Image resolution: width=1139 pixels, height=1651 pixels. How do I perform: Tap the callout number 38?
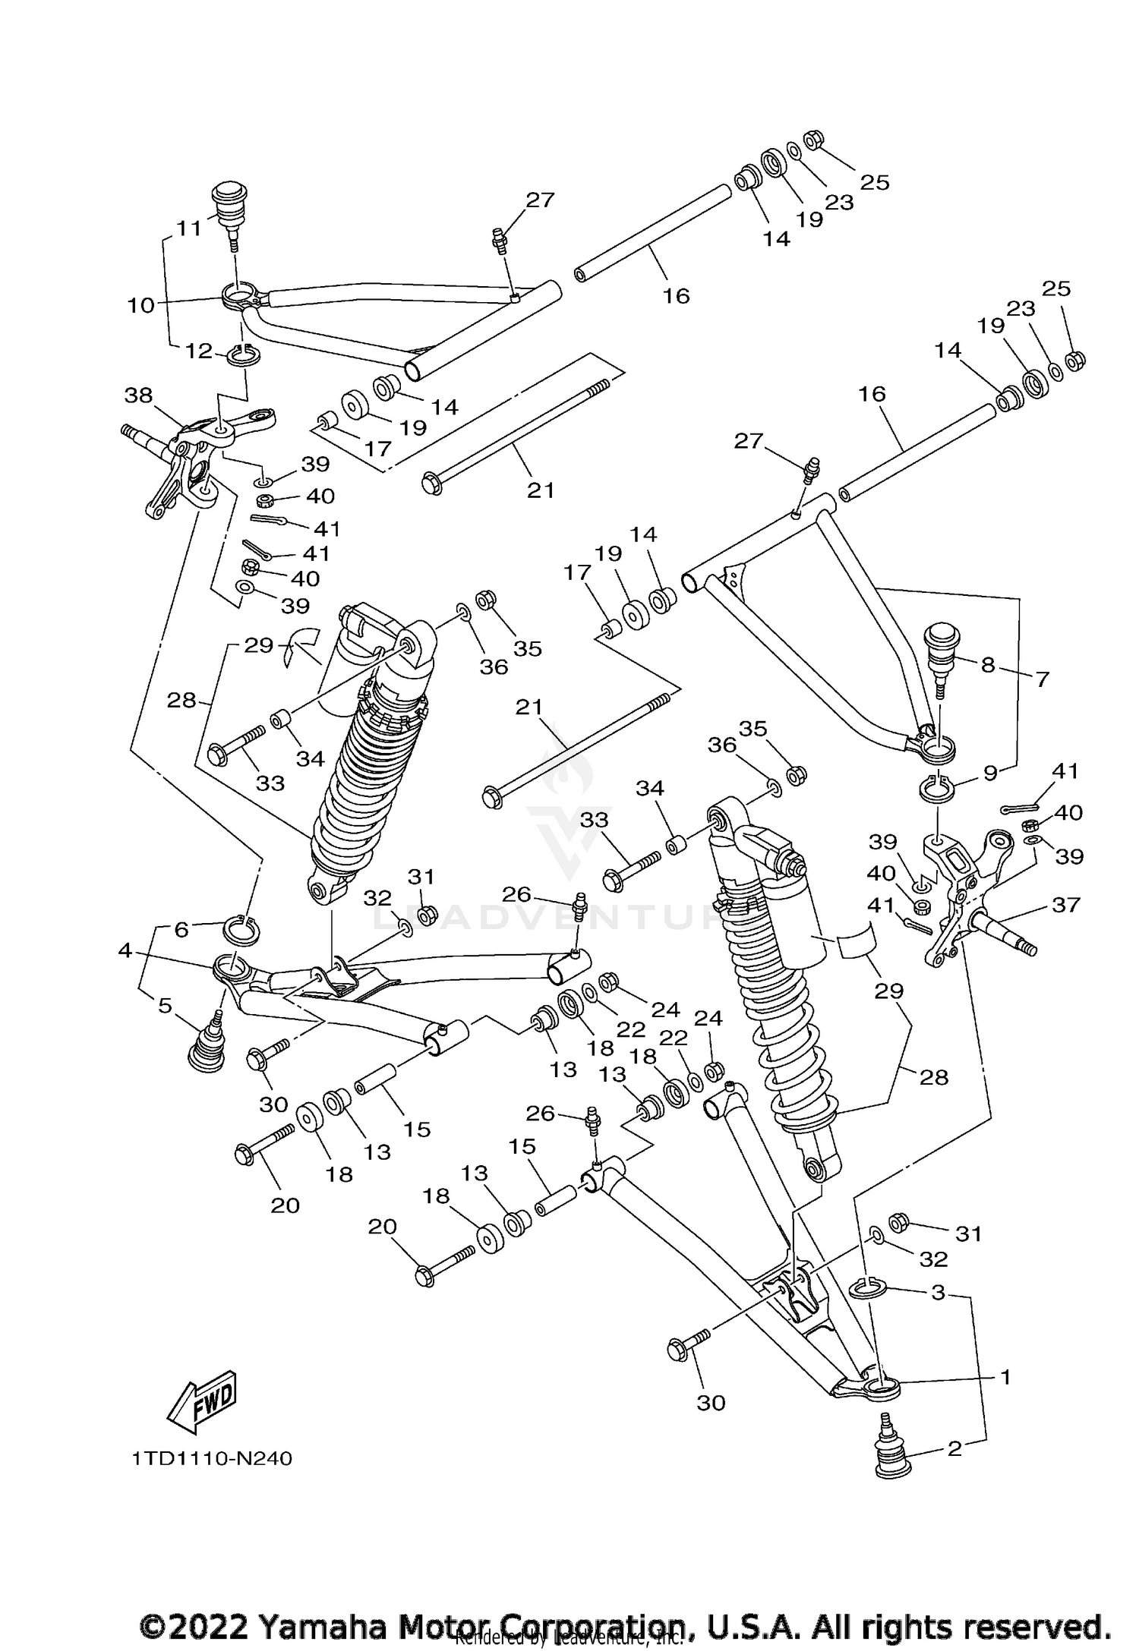tap(138, 395)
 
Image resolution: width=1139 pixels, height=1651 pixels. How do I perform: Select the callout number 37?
tap(1065, 904)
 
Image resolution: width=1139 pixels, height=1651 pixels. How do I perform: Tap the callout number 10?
tap(141, 305)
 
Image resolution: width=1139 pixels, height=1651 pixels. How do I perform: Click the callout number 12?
tap(199, 351)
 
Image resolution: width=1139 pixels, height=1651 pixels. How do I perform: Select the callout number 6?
tap(181, 929)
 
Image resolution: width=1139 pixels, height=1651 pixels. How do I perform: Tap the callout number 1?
tap(1005, 1376)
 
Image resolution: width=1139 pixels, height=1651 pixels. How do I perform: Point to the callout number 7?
tap(1042, 679)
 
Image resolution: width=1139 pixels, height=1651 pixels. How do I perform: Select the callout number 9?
tap(989, 773)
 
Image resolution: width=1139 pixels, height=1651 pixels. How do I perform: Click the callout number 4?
tap(125, 950)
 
